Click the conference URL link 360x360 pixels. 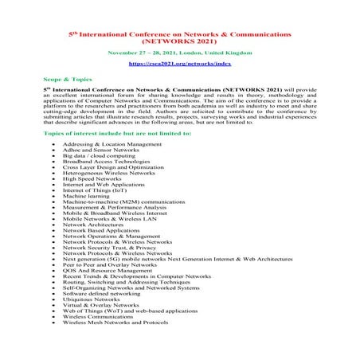pos(181,62)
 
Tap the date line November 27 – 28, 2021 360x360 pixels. pos(180,51)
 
